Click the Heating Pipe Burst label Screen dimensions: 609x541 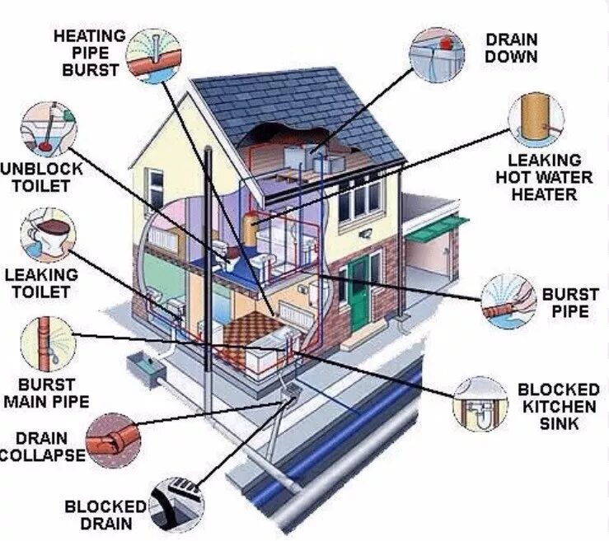click(89, 51)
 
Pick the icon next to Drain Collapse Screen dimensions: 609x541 click(113, 441)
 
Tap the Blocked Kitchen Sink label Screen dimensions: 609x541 click(558, 406)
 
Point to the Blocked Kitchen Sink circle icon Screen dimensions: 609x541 click(480, 404)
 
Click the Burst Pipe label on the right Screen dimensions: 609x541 click(564, 302)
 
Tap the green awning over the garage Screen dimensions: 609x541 click(434, 228)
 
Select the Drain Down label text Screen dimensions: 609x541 click(511, 48)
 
